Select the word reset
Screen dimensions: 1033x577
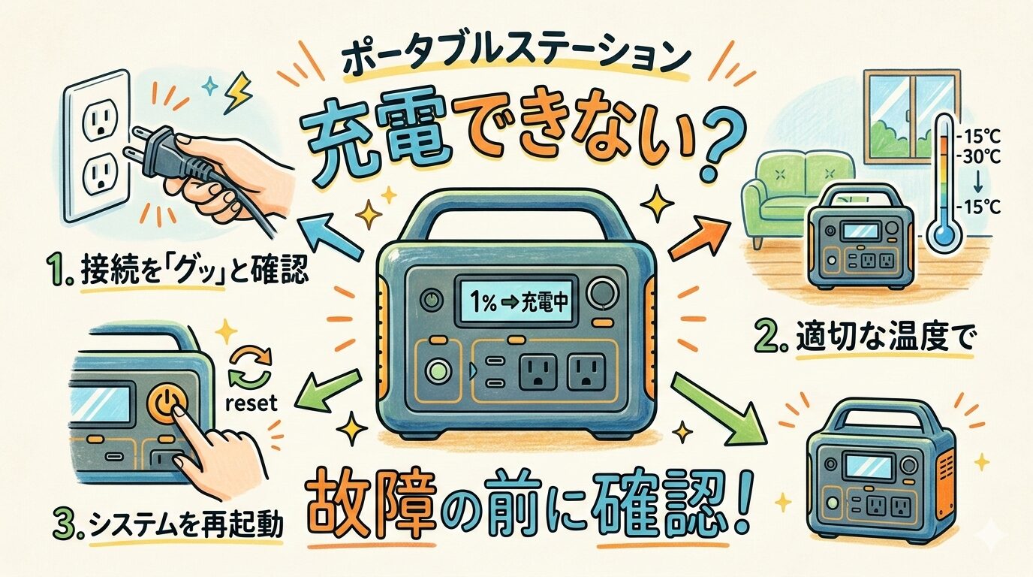(251, 403)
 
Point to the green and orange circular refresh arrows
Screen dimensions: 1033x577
(251, 367)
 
